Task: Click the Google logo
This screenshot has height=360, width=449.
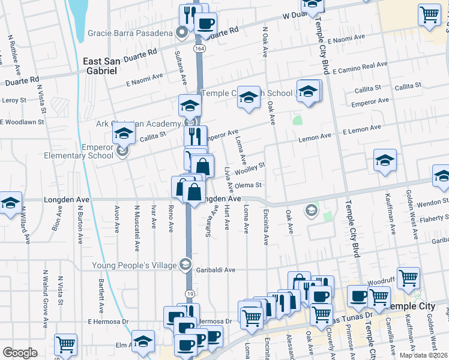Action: click(20, 353)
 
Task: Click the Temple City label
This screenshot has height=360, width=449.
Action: click(412, 306)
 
